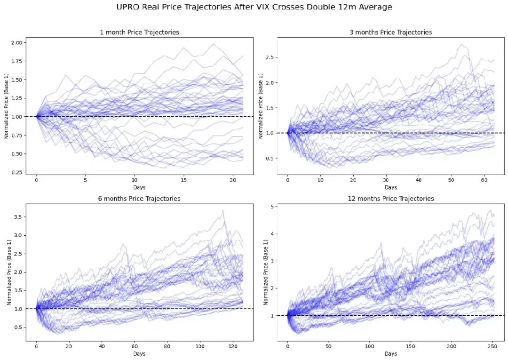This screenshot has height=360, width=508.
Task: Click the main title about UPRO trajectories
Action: (x=254, y=7)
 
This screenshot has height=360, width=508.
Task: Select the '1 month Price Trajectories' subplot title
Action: (x=139, y=32)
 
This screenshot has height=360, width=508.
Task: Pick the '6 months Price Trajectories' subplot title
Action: (x=139, y=199)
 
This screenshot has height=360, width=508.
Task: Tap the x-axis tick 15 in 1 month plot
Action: (x=183, y=180)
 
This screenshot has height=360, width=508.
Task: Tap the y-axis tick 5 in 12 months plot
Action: (x=273, y=207)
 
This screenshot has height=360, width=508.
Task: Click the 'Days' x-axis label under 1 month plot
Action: (x=139, y=187)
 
